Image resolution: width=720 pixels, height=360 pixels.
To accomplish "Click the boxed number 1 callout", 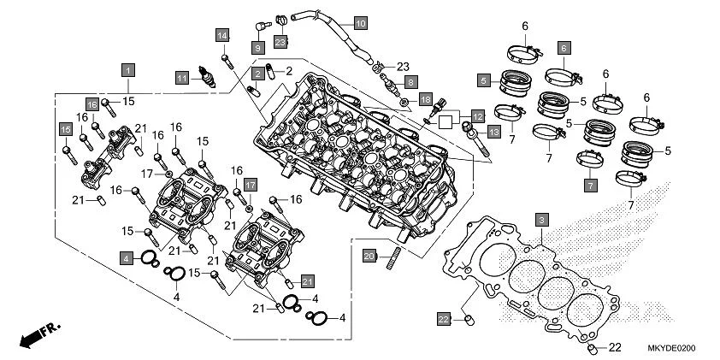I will coord(127,68).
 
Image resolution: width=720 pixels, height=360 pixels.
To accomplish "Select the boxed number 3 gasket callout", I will coord(540,220).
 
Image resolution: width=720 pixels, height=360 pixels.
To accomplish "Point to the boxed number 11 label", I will coord(182,78).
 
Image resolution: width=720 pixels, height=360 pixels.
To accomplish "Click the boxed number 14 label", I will coord(222,35).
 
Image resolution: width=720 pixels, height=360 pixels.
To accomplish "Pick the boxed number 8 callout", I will coord(410,82).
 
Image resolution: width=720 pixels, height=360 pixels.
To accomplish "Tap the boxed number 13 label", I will coord(493,133).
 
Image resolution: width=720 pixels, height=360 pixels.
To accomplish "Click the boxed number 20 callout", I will coord(369,256).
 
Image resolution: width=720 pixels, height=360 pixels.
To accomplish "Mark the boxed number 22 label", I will coord(443,319).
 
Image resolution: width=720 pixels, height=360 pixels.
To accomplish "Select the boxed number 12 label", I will coord(476,114).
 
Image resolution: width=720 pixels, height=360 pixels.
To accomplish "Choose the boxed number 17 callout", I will coord(251,185).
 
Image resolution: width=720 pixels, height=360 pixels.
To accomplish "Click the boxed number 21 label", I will coord(307,280).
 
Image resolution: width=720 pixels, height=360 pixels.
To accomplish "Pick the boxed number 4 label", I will coord(126,257).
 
